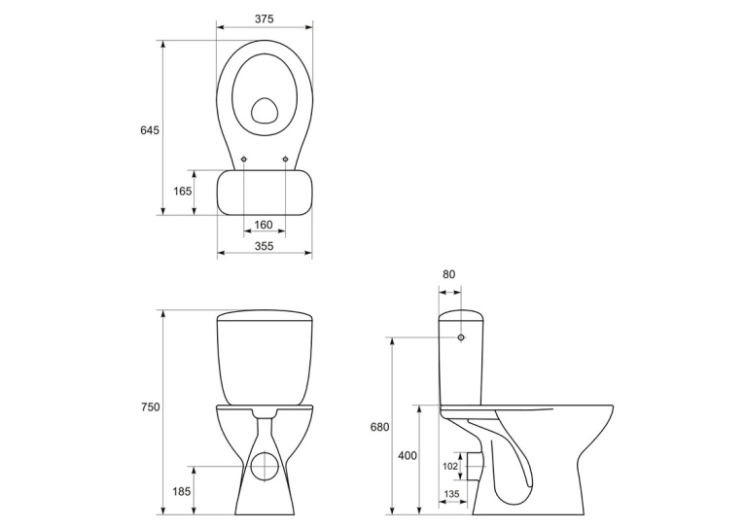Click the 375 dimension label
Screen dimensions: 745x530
click(265, 19)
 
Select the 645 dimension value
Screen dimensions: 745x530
click(150, 130)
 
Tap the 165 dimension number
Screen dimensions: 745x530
click(183, 191)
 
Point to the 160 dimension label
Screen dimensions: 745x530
click(264, 225)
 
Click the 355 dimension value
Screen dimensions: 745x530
click(265, 246)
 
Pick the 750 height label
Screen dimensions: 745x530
click(150, 407)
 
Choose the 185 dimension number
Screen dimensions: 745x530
click(182, 490)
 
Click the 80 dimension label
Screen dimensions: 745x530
click(448, 274)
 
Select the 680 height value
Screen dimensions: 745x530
click(379, 427)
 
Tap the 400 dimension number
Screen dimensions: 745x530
click(408, 456)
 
